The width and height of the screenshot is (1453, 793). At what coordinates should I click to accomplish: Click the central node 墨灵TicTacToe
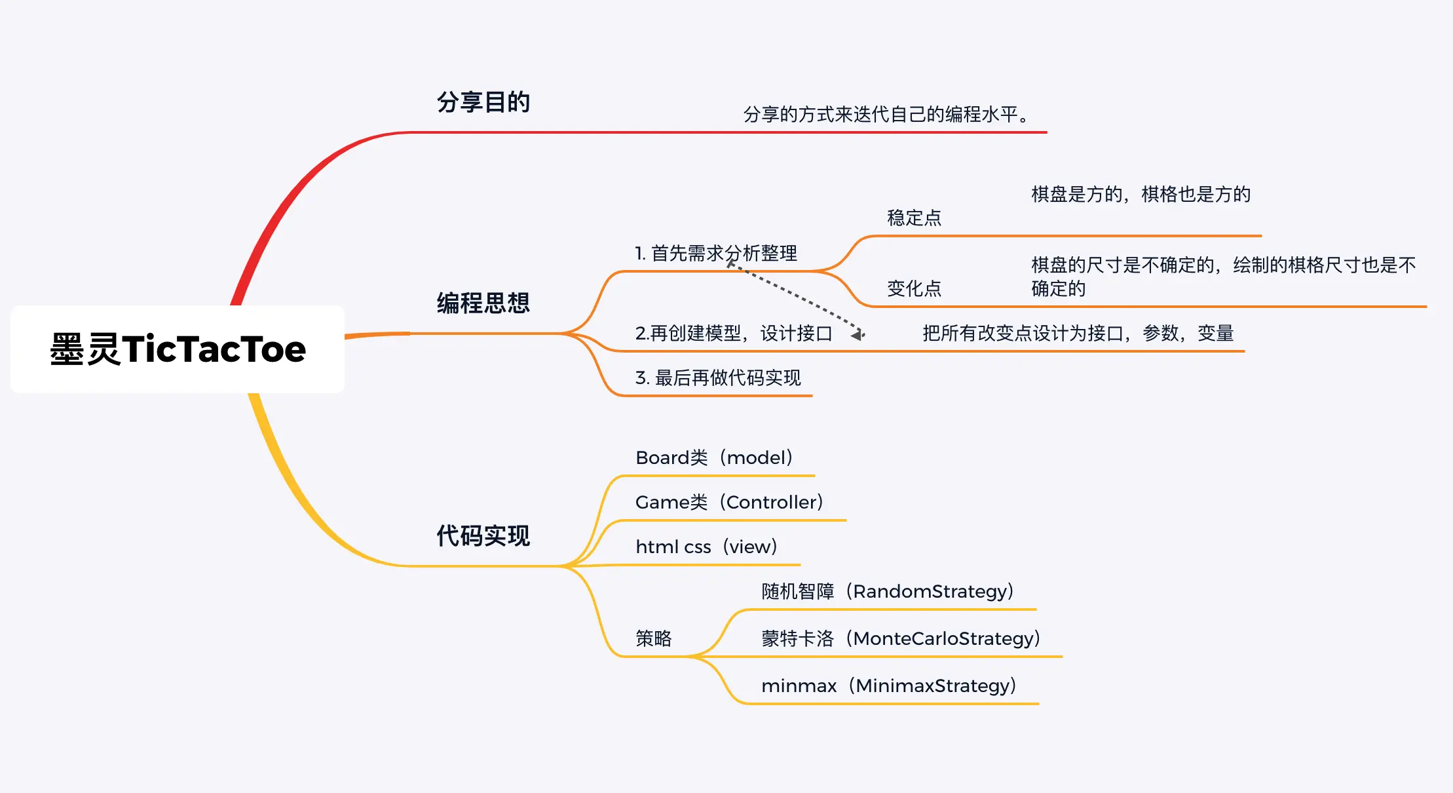(x=178, y=349)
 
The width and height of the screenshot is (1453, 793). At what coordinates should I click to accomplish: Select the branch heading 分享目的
(x=483, y=102)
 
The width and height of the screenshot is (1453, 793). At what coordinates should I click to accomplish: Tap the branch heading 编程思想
(x=483, y=303)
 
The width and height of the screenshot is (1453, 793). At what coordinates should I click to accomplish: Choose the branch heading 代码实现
(x=483, y=536)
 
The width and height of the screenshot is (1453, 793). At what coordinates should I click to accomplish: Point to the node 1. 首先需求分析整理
(x=715, y=253)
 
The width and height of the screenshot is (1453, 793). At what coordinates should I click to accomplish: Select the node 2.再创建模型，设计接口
(x=733, y=334)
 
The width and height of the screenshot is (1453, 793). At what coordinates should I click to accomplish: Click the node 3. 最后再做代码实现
(x=718, y=378)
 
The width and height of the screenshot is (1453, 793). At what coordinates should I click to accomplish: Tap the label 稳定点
(x=914, y=218)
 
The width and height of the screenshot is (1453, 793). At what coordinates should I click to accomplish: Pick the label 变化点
(x=914, y=288)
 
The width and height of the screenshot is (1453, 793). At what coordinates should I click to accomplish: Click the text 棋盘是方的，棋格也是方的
(x=1141, y=194)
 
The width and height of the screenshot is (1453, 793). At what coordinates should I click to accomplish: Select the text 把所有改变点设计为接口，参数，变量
(x=1078, y=334)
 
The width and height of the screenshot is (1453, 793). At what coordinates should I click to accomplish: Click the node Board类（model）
(x=714, y=457)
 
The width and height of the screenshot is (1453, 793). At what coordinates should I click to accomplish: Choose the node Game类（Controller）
(x=729, y=502)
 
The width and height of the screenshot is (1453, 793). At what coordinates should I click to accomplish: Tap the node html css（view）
(x=706, y=547)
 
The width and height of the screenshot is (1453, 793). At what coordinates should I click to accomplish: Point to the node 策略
(x=653, y=638)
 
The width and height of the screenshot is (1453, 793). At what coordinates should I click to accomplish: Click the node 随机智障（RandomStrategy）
(x=888, y=591)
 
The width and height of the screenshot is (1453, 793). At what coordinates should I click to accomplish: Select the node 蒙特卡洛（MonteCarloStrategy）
(x=901, y=638)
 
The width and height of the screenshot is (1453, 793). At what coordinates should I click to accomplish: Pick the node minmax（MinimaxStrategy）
(x=889, y=686)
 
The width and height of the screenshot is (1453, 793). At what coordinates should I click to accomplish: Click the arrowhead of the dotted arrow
(x=858, y=334)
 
